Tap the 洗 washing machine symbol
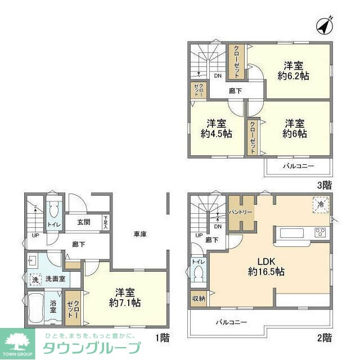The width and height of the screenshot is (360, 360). click(x=34, y=278)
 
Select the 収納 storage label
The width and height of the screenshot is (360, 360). click(x=199, y=299)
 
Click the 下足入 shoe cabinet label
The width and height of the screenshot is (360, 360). click(x=105, y=222)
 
